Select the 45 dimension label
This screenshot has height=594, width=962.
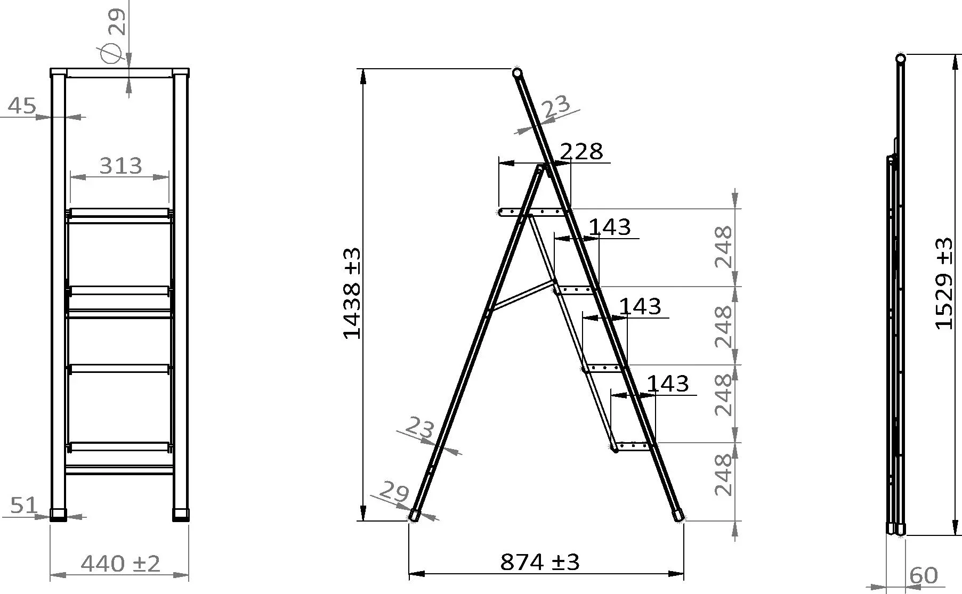tap(22, 106)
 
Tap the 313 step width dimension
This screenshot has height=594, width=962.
tap(121, 166)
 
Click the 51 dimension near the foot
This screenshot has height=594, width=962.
tap(23, 505)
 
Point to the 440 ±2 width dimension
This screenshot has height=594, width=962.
tap(120, 564)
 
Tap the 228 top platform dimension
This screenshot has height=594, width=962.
tap(581, 152)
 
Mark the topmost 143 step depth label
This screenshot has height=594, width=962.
tap(610, 227)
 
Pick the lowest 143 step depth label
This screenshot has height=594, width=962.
tap(668, 384)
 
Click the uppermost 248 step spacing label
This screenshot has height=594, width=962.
tap(723, 247)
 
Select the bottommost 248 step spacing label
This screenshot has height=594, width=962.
tap(723, 475)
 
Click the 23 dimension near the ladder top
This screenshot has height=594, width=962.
tap(556, 107)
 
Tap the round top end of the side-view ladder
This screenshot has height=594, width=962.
tap(517, 72)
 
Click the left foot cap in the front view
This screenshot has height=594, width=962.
tap(58, 515)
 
